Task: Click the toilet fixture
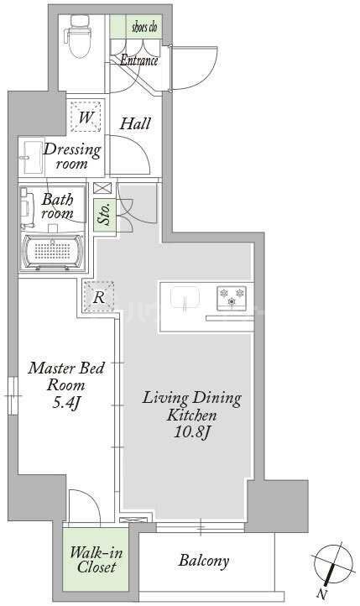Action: coord(80,36)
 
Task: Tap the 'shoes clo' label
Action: coord(145,27)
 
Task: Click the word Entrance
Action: coord(139,60)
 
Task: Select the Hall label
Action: coord(135,123)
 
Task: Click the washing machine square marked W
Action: coord(86,117)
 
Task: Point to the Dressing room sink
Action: coord(33,157)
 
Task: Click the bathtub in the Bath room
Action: coord(53,252)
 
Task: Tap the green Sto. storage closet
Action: coord(105,215)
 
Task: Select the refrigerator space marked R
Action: coord(99,296)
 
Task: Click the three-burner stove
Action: coord(232,298)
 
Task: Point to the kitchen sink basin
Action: coord(185,298)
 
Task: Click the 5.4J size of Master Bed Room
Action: coord(65,403)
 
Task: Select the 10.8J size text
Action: coord(191,431)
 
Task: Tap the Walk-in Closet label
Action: coord(96,560)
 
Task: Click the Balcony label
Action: coord(204,561)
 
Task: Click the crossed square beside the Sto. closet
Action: coord(102,188)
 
